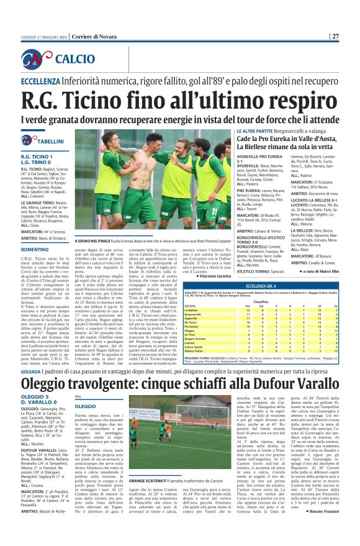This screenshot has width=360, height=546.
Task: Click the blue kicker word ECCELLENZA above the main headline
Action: point(41,81)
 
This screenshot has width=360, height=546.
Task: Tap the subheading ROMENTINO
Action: point(35,248)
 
